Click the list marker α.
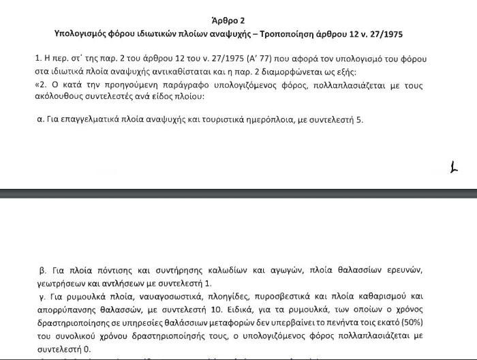click(40, 119)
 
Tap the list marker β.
click(41, 270)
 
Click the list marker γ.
click(40, 297)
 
